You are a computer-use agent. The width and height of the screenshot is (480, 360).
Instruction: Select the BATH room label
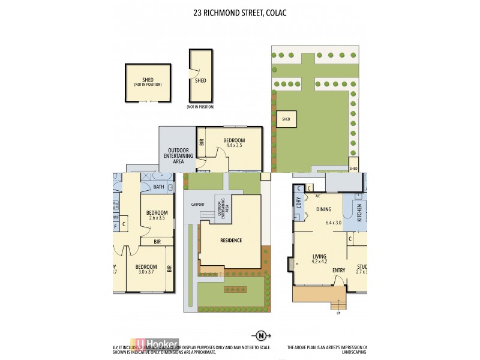click(158, 187)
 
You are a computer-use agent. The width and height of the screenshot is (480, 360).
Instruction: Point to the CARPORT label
click(198, 205)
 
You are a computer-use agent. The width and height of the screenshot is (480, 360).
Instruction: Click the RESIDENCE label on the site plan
click(230, 241)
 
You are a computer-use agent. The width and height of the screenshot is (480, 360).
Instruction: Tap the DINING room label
click(324, 209)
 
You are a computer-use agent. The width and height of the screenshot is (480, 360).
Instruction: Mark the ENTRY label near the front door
click(339, 271)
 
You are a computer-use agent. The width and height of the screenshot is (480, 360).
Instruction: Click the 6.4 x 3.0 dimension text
click(333, 223)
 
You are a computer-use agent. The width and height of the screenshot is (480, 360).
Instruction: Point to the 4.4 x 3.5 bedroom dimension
click(235, 145)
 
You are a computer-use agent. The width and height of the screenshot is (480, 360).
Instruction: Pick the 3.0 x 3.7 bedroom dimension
click(146, 273)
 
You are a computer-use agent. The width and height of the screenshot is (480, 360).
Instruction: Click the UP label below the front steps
click(338, 313)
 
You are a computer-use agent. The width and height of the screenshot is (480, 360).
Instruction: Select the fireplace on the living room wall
click(290, 263)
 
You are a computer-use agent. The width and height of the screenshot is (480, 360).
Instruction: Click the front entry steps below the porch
click(338, 304)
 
